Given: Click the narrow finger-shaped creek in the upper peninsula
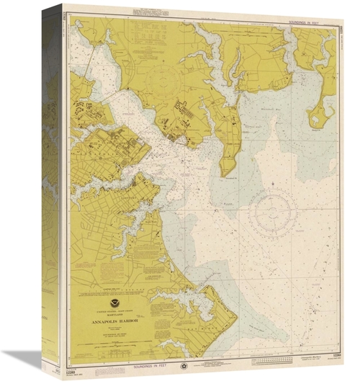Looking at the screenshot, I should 235,61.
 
